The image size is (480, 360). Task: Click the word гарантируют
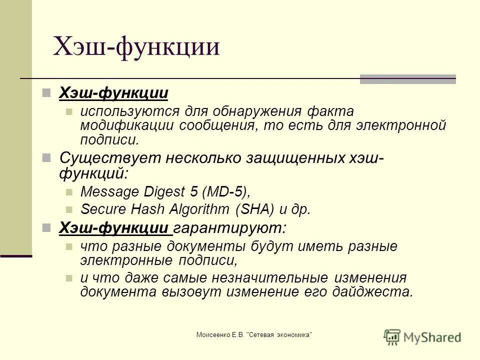click(x=230, y=228)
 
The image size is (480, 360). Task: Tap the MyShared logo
click(x=422, y=336)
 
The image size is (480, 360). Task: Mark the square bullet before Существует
click(x=46, y=158)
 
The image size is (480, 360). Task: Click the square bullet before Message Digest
click(x=69, y=192)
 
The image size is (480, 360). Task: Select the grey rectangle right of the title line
click(x=408, y=79)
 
